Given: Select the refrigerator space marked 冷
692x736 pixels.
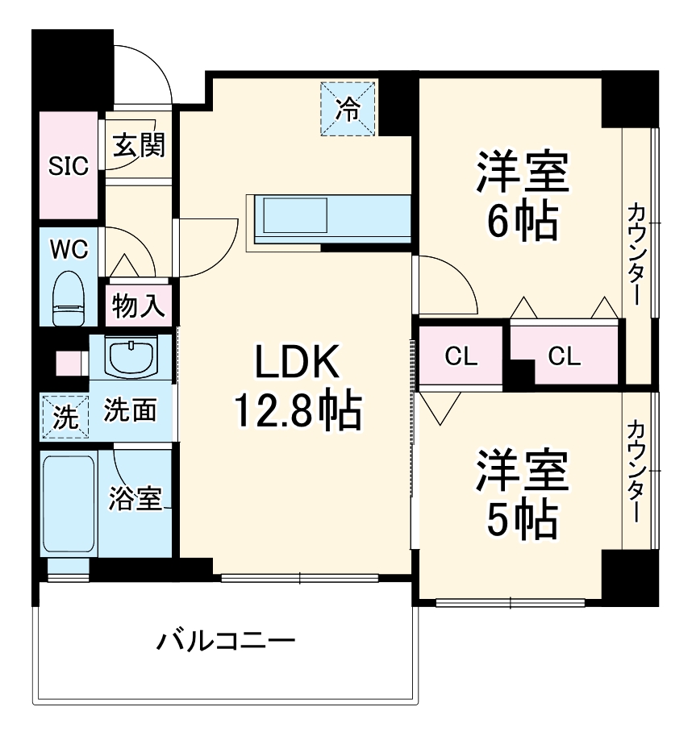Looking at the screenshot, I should point(348,108).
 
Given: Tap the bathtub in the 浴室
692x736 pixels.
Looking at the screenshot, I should point(69,505).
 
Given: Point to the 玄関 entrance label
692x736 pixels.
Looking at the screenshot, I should point(138,145).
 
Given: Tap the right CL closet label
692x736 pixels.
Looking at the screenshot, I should point(564,356).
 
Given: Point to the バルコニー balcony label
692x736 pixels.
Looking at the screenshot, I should point(226,642).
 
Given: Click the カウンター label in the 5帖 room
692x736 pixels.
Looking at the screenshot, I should point(636,472).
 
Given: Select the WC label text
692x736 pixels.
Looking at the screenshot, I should point(69,249).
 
